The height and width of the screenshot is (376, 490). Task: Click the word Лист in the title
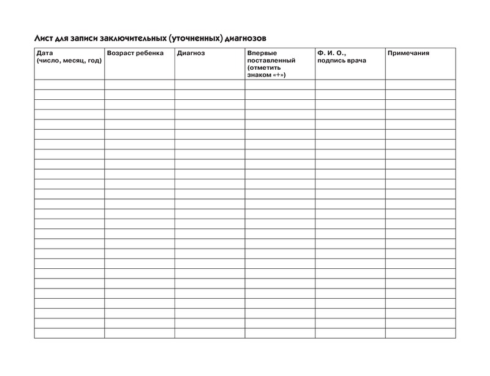click(43, 38)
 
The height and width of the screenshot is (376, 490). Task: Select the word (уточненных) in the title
click(196, 38)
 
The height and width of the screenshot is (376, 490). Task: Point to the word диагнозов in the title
click(246, 38)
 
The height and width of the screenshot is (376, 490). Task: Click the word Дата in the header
click(45, 53)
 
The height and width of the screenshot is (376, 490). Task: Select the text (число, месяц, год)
click(69, 61)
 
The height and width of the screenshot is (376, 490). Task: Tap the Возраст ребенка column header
click(135, 53)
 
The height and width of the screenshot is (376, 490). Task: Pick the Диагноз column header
click(191, 53)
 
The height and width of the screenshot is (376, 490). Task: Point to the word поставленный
click(271, 61)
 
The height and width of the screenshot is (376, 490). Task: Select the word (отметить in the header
click(264, 68)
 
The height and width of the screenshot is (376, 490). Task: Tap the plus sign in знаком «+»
click(279, 75)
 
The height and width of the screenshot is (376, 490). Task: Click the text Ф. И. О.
click(331, 53)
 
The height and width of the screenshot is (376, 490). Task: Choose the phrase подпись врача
click(341, 61)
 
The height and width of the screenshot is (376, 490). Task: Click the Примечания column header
click(408, 53)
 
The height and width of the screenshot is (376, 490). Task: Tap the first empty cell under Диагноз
click(209, 85)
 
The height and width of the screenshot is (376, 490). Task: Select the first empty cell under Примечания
click(420, 85)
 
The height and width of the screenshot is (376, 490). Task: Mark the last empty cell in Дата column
click(69, 333)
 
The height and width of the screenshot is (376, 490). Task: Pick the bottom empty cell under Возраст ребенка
click(139, 333)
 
